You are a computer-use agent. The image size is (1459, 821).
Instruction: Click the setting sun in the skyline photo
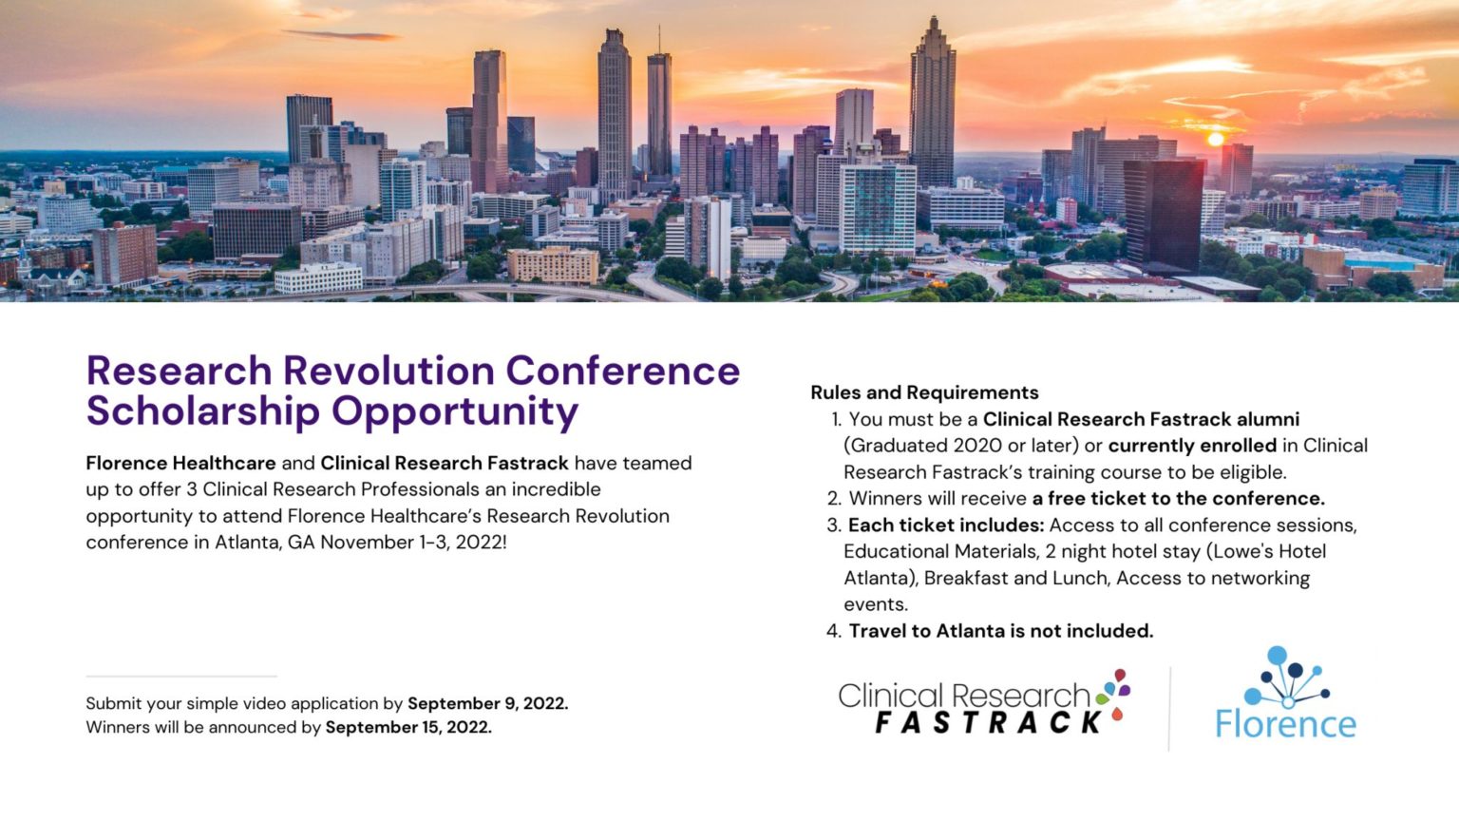click(1216, 139)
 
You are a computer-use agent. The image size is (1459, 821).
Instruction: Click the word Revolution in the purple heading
click(388, 371)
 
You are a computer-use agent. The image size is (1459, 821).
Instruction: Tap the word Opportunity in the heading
click(455, 412)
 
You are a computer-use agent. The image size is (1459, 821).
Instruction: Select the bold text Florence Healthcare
click(181, 464)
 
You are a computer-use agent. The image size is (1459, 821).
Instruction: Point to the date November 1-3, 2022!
click(413, 543)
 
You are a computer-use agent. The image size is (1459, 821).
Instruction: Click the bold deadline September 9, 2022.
click(488, 704)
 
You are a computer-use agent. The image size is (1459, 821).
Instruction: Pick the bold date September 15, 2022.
click(408, 727)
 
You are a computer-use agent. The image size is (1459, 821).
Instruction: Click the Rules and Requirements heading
click(924, 392)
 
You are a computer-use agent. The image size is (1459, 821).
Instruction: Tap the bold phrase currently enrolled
click(1192, 446)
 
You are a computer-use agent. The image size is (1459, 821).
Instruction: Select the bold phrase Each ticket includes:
click(946, 525)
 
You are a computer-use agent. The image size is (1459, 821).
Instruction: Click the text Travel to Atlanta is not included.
click(1000, 631)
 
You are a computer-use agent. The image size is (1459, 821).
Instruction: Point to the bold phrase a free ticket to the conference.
click(1178, 499)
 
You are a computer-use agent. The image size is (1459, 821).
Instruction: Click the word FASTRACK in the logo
click(988, 722)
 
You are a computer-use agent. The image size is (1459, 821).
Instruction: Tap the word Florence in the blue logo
click(1285, 723)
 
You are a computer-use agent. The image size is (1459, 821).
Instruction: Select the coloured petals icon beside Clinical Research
click(1114, 694)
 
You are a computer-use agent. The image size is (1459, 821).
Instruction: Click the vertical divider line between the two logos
click(1170, 709)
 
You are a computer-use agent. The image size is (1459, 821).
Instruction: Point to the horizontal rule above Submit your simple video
click(181, 677)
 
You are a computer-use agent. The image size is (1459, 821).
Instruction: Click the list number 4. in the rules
click(834, 631)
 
